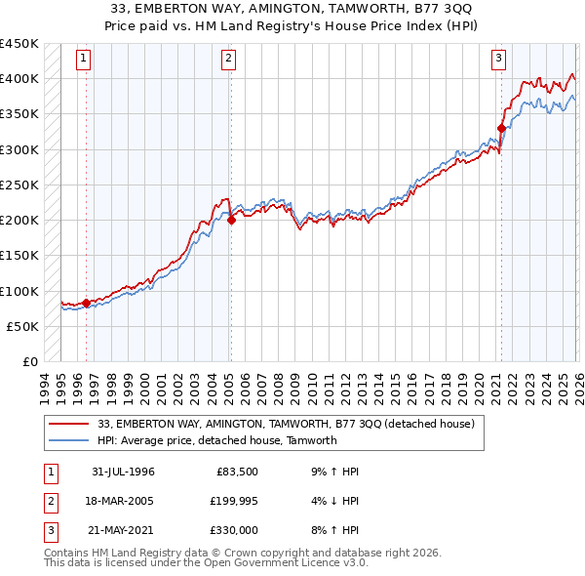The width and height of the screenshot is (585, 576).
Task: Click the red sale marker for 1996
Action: point(86,303)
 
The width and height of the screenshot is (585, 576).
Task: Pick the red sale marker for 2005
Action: point(231,221)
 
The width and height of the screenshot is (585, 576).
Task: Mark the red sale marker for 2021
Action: point(501,128)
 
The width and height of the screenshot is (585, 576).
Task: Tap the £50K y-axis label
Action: point(23,326)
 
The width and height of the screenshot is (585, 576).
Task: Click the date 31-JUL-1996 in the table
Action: point(124,472)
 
